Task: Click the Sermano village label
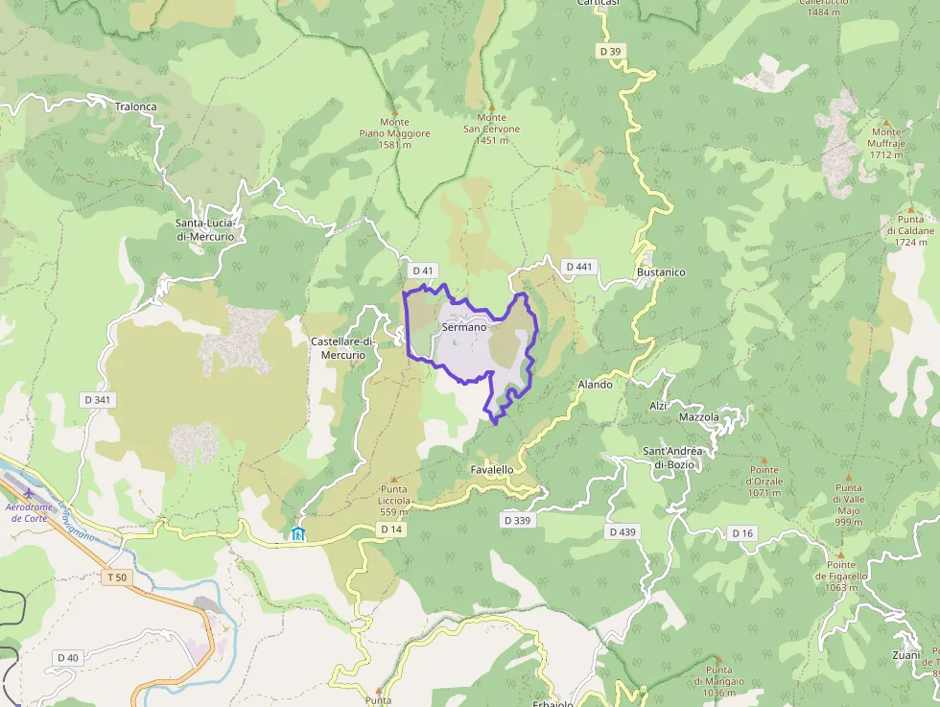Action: click(464, 327)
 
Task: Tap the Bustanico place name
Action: click(661, 272)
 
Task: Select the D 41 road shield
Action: click(422, 271)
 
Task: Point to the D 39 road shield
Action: click(610, 51)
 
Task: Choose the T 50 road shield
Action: click(117, 577)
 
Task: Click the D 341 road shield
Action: click(97, 399)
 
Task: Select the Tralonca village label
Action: click(135, 106)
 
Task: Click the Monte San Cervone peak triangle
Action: click(491, 107)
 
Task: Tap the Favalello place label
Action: click(492, 469)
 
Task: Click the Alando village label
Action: click(595, 385)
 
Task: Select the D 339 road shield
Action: click(517, 519)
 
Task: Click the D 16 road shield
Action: click(742, 533)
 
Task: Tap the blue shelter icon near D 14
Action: click(298, 533)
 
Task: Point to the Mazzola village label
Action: click(698, 417)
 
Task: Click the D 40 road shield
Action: click(68, 657)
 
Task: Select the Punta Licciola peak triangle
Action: click(394, 477)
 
